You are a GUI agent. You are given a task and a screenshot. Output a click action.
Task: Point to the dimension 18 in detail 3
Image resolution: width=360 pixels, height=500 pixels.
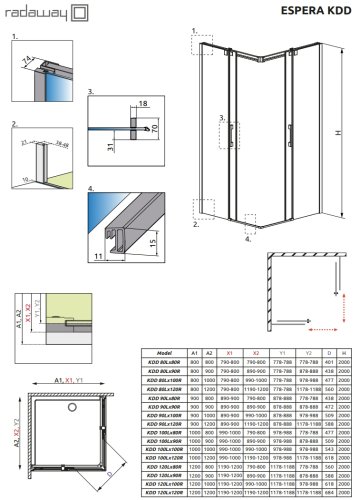[143, 103]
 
